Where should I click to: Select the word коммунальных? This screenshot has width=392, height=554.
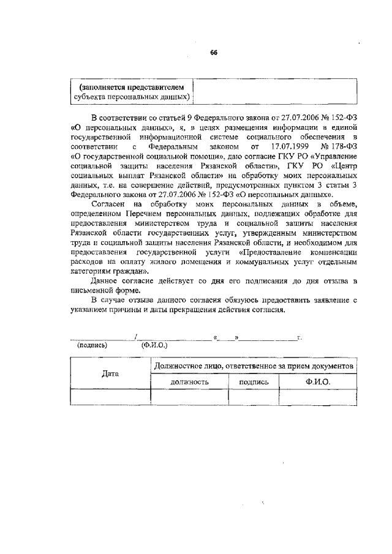pyautogui.click(x=254, y=262)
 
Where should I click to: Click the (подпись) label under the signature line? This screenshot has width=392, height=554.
pyautogui.click(x=92, y=345)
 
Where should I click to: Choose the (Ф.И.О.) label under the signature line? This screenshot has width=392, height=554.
pyautogui.click(x=154, y=345)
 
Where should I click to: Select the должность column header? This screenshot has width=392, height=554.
pyautogui.click(x=190, y=381)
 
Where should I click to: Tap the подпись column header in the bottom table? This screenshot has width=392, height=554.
pyautogui.click(x=253, y=381)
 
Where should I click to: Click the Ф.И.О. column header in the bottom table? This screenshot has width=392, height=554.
pyautogui.click(x=317, y=381)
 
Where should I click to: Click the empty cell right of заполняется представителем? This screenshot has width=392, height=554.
pyautogui.click(x=275, y=91)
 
